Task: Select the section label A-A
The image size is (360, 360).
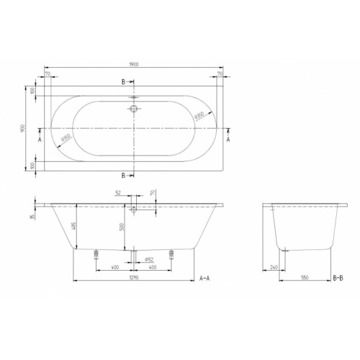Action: click(205, 277)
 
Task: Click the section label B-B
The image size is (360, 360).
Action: click(338, 277)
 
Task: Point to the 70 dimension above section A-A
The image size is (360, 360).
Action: click(153, 194)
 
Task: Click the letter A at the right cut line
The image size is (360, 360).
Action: click(228, 139)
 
